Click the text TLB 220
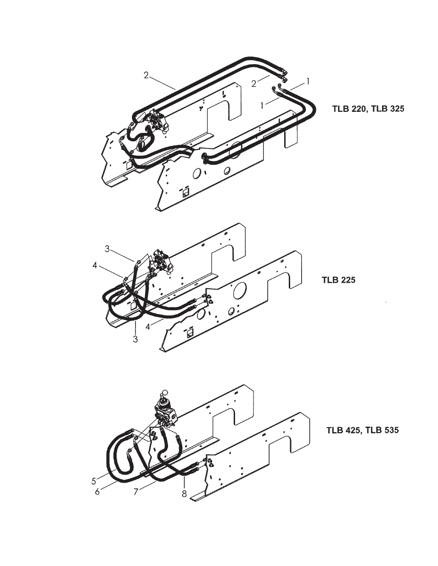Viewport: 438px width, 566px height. [x=349, y=109]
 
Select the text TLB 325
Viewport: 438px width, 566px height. [x=387, y=109]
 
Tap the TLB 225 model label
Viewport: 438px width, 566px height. [x=338, y=280]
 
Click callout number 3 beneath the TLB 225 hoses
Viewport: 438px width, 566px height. [x=135, y=339]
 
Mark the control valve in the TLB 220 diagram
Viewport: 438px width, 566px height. [x=157, y=122]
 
